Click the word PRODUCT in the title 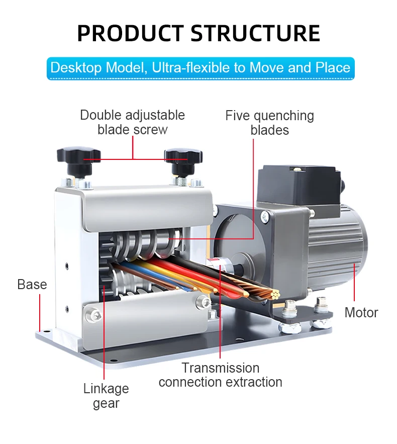click(x=131, y=33)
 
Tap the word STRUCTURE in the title click(x=255, y=33)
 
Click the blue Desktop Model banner click(x=201, y=68)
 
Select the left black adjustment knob click(x=79, y=161)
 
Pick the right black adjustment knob click(x=183, y=161)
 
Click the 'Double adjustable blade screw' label click(x=133, y=122)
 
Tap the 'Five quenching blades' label click(x=270, y=123)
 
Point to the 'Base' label click(x=32, y=284)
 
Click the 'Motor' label click(x=361, y=313)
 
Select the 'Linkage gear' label click(x=106, y=396)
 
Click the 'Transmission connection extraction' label click(x=221, y=375)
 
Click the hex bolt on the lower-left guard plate click(x=93, y=314)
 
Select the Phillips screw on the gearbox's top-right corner click(x=265, y=217)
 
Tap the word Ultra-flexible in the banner click(x=191, y=68)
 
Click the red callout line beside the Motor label click(x=354, y=282)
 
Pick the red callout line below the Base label click(x=40, y=313)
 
